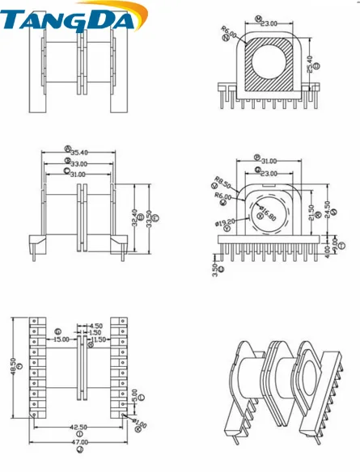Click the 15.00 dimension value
click(x=61, y=339)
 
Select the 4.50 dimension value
click(x=96, y=326)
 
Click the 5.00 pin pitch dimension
click(x=134, y=396)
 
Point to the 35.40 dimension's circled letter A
click(x=67, y=149)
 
